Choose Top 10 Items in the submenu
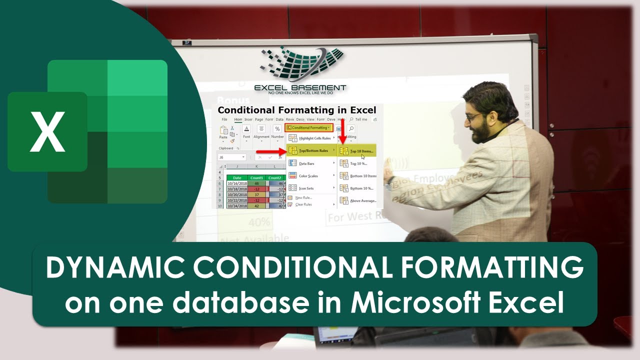361,150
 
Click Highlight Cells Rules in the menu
314,138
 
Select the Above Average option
362,200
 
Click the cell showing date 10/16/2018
237,184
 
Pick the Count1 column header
256,177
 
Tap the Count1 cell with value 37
256,195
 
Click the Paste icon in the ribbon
223,132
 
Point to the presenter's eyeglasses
472,117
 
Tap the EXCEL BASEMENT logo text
300,87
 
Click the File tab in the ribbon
224,119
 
